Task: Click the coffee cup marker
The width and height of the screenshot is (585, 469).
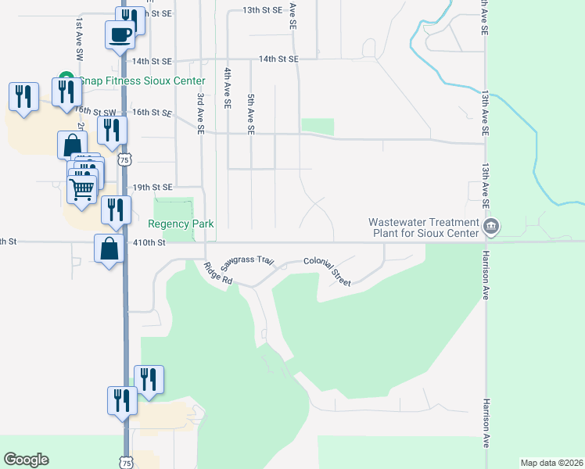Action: (x=120, y=34)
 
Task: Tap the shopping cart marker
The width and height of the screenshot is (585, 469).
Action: (x=82, y=188)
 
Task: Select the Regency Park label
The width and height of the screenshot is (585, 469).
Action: (x=181, y=224)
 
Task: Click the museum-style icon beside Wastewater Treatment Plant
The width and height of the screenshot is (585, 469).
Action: (x=491, y=227)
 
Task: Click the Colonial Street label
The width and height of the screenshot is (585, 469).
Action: (x=328, y=270)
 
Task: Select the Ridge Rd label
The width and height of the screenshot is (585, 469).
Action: (x=218, y=273)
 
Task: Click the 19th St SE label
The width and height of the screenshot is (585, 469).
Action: (x=152, y=188)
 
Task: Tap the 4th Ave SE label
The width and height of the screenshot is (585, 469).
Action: (x=228, y=88)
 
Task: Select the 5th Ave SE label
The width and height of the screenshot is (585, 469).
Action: (x=251, y=115)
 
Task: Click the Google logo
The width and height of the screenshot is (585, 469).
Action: (x=26, y=460)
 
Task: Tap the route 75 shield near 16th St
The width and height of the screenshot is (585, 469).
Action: (x=124, y=159)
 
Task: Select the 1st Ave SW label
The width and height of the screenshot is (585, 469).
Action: (x=79, y=41)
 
